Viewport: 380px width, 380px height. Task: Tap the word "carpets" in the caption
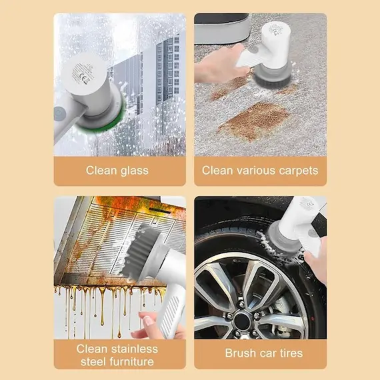[294, 170]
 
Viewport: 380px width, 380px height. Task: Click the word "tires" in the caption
[287, 353]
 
